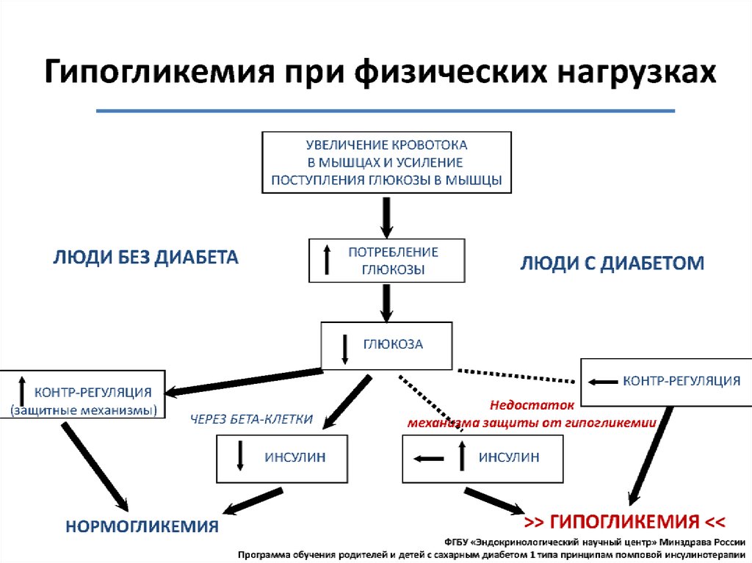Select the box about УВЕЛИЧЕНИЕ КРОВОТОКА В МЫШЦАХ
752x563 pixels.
click(x=386, y=162)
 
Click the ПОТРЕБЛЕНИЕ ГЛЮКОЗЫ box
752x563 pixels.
click(x=387, y=261)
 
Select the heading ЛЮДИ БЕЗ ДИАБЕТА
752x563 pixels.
click(x=146, y=258)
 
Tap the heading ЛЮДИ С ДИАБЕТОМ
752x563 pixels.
click(x=612, y=263)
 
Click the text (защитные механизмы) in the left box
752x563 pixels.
click(x=84, y=409)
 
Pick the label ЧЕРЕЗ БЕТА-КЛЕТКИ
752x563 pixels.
click(x=252, y=419)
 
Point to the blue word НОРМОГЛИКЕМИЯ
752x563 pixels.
click(x=142, y=526)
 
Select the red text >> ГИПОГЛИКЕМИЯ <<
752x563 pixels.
click(x=625, y=522)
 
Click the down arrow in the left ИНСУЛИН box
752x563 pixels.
click(x=239, y=457)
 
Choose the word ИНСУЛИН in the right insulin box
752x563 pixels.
click(x=509, y=457)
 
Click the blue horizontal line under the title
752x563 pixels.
click(x=386, y=111)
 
